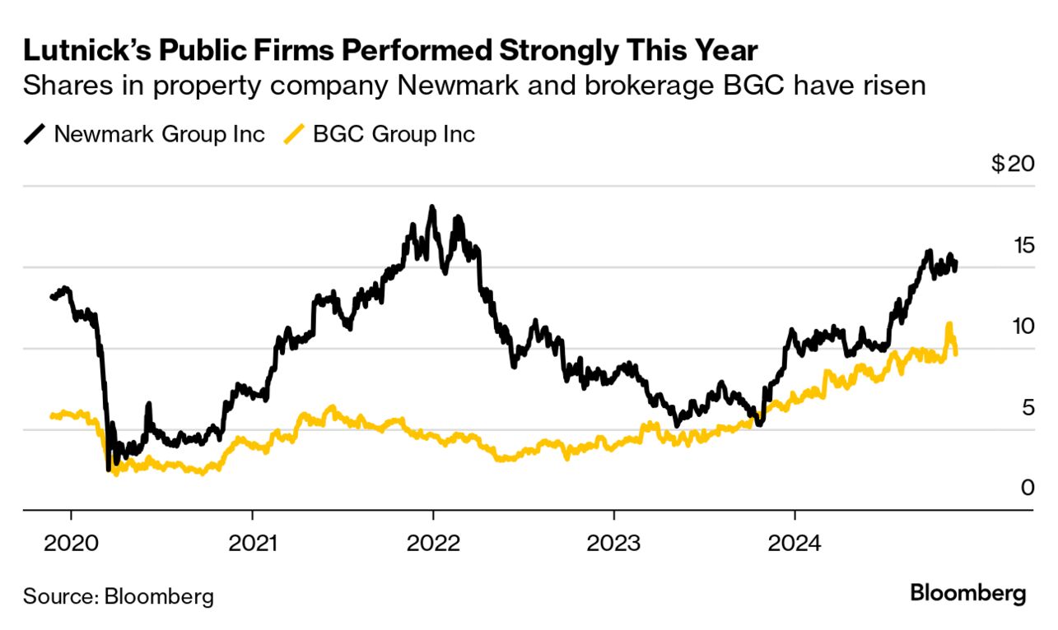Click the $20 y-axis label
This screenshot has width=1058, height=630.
click(1012, 164)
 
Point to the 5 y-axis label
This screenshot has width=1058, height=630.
click(1027, 407)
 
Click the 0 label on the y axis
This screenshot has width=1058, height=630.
click(1027, 488)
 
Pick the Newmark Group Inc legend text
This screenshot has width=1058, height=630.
click(159, 134)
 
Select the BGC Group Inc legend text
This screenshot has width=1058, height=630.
click(394, 134)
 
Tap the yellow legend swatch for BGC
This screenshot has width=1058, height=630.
click(294, 134)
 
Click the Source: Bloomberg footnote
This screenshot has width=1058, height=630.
click(118, 595)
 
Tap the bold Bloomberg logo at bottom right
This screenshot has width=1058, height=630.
click(967, 593)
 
